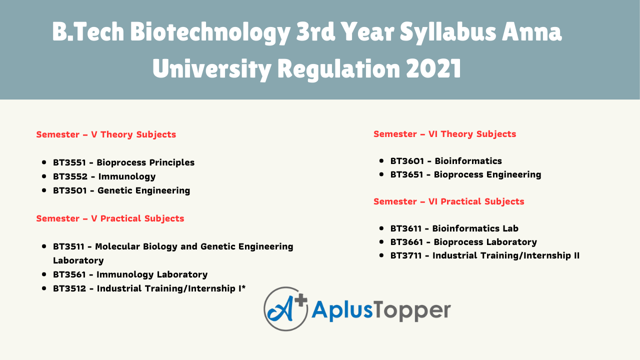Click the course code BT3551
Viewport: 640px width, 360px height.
(x=69, y=162)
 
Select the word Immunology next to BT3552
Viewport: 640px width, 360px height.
(x=127, y=176)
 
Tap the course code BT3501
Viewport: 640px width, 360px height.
(x=70, y=190)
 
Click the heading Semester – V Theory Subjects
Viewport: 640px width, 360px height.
(x=106, y=134)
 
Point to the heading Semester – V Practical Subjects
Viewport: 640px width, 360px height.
(x=110, y=218)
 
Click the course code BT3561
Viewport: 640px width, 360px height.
(x=69, y=274)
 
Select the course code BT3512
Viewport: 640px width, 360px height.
(x=70, y=288)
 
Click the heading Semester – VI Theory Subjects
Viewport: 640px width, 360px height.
(x=444, y=134)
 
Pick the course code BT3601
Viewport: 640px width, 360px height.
(x=407, y=161)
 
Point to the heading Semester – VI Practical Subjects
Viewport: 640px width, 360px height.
(x=448, y=201)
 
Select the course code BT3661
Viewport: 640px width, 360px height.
(x=407, y=242)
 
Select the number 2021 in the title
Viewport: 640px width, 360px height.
(x=433, y=68)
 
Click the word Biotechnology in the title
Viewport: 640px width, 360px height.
(x=210, y=32)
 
